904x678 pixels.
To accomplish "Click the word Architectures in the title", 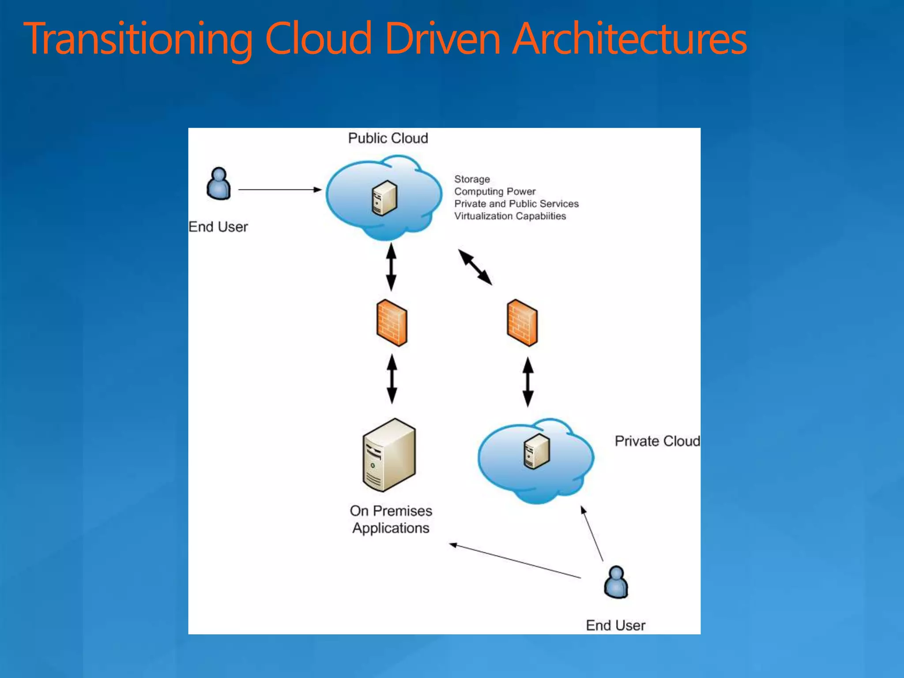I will point(629,40).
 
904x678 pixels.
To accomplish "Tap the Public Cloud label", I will point(388,138).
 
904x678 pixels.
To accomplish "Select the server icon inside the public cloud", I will point(384,198).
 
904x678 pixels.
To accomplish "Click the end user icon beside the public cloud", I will point(218,184).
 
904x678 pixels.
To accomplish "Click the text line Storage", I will point(472,179).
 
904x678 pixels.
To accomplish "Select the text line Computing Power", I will point(495,192).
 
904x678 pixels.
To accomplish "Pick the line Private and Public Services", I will point(516,204).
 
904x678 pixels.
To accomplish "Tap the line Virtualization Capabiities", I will point(510,216).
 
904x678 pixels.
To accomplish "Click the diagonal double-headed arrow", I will point(475,267).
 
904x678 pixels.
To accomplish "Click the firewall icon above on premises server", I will point(392,323).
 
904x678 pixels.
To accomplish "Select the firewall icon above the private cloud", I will point(522,323).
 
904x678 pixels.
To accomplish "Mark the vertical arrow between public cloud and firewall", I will point(391,267).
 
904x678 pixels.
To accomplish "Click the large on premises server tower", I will point(389,455).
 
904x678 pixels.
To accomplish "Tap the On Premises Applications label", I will point(391,520).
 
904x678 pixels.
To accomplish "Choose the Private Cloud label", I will point(657,441).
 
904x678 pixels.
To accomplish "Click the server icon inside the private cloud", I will point(537,452).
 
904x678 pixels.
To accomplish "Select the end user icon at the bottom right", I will point(616,582).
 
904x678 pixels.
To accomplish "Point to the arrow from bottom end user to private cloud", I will point(592,534).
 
